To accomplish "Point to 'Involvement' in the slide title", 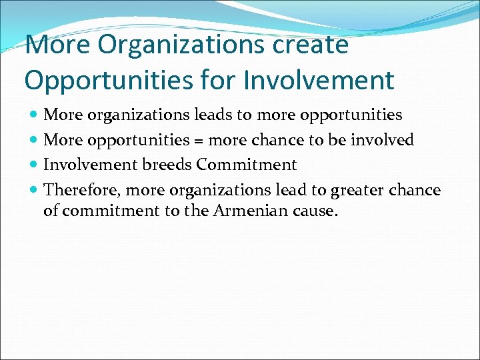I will tap(319, 80).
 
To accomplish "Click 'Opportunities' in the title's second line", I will tap(110, 80).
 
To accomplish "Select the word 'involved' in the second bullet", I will tap(384, 140).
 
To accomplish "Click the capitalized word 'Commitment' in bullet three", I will tap(247, 165).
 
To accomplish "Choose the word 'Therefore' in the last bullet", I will tap(82, 191).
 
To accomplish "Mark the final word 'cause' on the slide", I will tap(318, 211).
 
